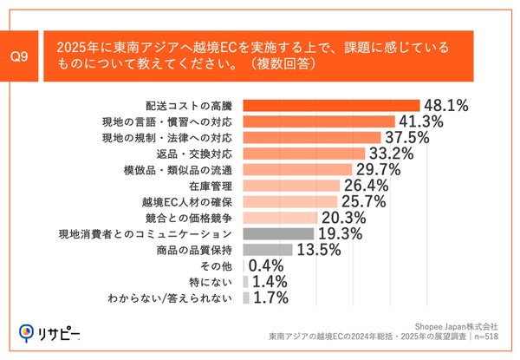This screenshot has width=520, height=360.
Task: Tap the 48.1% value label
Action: point(445,106)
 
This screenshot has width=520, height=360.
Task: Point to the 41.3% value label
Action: point(420,121)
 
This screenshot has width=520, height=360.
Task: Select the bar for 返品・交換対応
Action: point(303,154)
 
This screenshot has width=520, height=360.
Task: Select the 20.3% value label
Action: point(343,218)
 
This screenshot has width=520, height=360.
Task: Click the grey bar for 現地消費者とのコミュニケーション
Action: point(278,233)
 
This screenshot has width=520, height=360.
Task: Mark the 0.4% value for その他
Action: point(267,265)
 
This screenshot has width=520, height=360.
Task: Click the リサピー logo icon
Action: point(26,332)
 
